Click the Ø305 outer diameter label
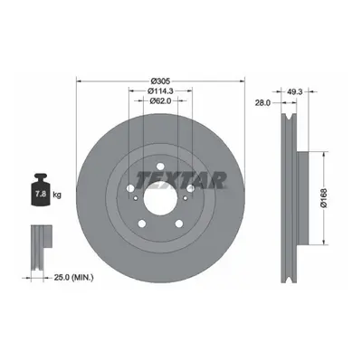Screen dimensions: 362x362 point(161,81)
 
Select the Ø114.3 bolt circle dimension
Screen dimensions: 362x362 point(160,90)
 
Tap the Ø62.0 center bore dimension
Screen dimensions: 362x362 point(160,101)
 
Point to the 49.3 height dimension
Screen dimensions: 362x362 point(294,92)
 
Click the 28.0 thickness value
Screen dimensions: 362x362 point(262,103)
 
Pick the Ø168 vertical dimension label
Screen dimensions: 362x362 point(324,198)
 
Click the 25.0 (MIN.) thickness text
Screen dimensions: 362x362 point(73,277)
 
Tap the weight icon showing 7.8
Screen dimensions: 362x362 point(41,190)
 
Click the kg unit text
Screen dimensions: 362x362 point(57,195)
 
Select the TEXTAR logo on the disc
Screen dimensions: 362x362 point(181,180)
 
